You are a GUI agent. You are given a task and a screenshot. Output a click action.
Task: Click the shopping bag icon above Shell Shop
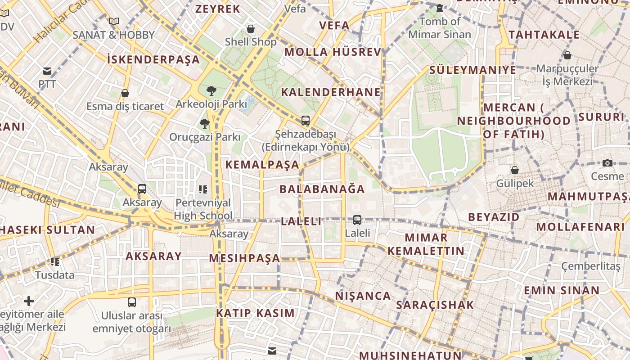251,29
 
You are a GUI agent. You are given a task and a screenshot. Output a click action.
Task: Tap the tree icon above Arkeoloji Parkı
211,91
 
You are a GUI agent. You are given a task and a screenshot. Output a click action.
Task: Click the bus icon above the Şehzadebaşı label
306,121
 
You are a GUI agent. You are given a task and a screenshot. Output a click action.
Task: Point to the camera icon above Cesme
607,163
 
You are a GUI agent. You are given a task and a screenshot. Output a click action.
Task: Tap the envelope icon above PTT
47,71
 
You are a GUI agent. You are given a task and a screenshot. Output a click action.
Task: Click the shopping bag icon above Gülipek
514,170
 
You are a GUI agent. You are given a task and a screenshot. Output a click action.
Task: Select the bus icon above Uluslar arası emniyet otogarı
131,302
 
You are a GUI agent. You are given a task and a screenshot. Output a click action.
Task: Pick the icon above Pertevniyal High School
203,189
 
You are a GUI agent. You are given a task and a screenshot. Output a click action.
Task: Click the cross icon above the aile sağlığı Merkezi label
29,301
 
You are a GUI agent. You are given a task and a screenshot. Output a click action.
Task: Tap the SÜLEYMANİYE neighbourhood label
472,70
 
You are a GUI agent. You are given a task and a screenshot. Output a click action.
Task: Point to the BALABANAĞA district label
322,189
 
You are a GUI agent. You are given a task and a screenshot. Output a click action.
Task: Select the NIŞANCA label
363,296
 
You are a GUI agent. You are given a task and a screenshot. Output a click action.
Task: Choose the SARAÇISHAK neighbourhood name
435,305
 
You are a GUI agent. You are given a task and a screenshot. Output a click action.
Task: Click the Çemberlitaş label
591,266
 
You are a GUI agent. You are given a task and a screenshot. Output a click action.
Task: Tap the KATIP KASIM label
255,313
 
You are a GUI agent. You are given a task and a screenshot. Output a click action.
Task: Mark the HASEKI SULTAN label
47,230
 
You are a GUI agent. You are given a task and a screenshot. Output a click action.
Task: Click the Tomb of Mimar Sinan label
440,27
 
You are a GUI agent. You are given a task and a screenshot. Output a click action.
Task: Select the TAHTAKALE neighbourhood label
544,35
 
